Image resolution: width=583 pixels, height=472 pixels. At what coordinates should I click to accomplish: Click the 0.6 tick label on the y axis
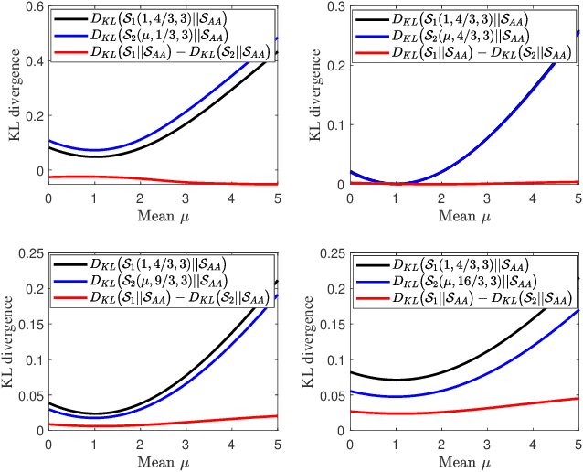tap(34, 7)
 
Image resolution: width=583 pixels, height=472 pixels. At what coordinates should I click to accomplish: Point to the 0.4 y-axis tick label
tap(34, 61)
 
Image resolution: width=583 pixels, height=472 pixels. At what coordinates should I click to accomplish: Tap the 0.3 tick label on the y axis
tap(335, 7)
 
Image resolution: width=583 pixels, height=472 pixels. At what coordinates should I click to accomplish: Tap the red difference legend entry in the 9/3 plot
tap(164, 297)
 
